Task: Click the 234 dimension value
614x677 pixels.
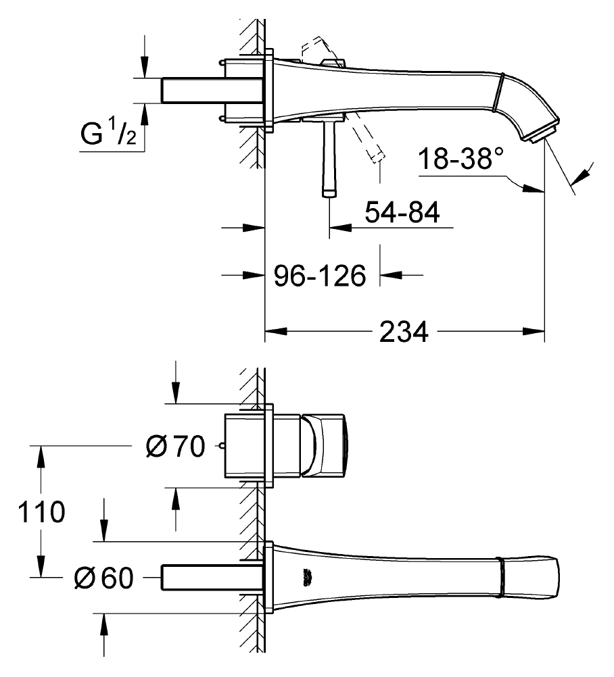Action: click(x=404, y=332)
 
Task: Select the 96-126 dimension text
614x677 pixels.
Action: click(x=320, y=276)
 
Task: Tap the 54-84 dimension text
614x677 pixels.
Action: click(x=402, y=212)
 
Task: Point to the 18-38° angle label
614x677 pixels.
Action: click(x=461, y=158)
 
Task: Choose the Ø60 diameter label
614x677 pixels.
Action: click(x=103, y=578)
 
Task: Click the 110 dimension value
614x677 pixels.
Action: click(x=41, y=512)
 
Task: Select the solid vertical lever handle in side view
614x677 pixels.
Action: click(x=329, y=159)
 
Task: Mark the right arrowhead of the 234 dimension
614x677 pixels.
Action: click(x=534, y=332)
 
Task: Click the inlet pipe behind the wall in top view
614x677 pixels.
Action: click(x=212, y=91)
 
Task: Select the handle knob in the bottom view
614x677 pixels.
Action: click(x=324, y=445)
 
